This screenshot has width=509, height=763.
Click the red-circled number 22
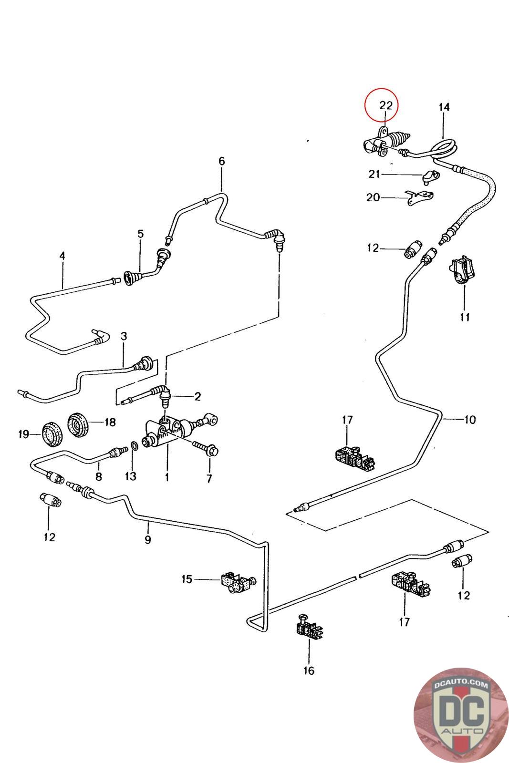(x=385, y=106)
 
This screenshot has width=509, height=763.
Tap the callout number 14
(x=444, y=107)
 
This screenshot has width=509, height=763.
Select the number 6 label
(x=221, y=161)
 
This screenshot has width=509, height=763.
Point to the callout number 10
(x=470, y=420)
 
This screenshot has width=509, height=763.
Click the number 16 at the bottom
(x=309, y=671)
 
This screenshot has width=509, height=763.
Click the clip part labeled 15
(x=234, y=581)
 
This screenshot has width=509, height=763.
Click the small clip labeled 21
(x=429, y=177)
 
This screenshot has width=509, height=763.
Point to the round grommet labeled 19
(x=51, y=434)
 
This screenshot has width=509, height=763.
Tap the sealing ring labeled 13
(x=135, y=446)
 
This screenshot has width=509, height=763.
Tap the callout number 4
(x=62, y=256)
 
